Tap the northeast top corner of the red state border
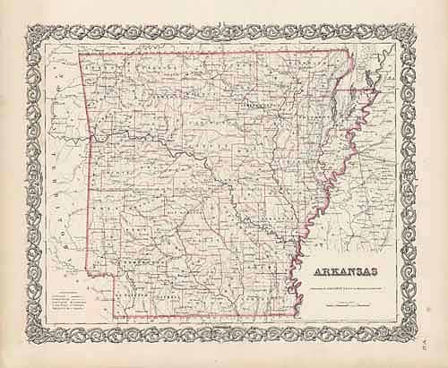(x=348, y=54)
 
